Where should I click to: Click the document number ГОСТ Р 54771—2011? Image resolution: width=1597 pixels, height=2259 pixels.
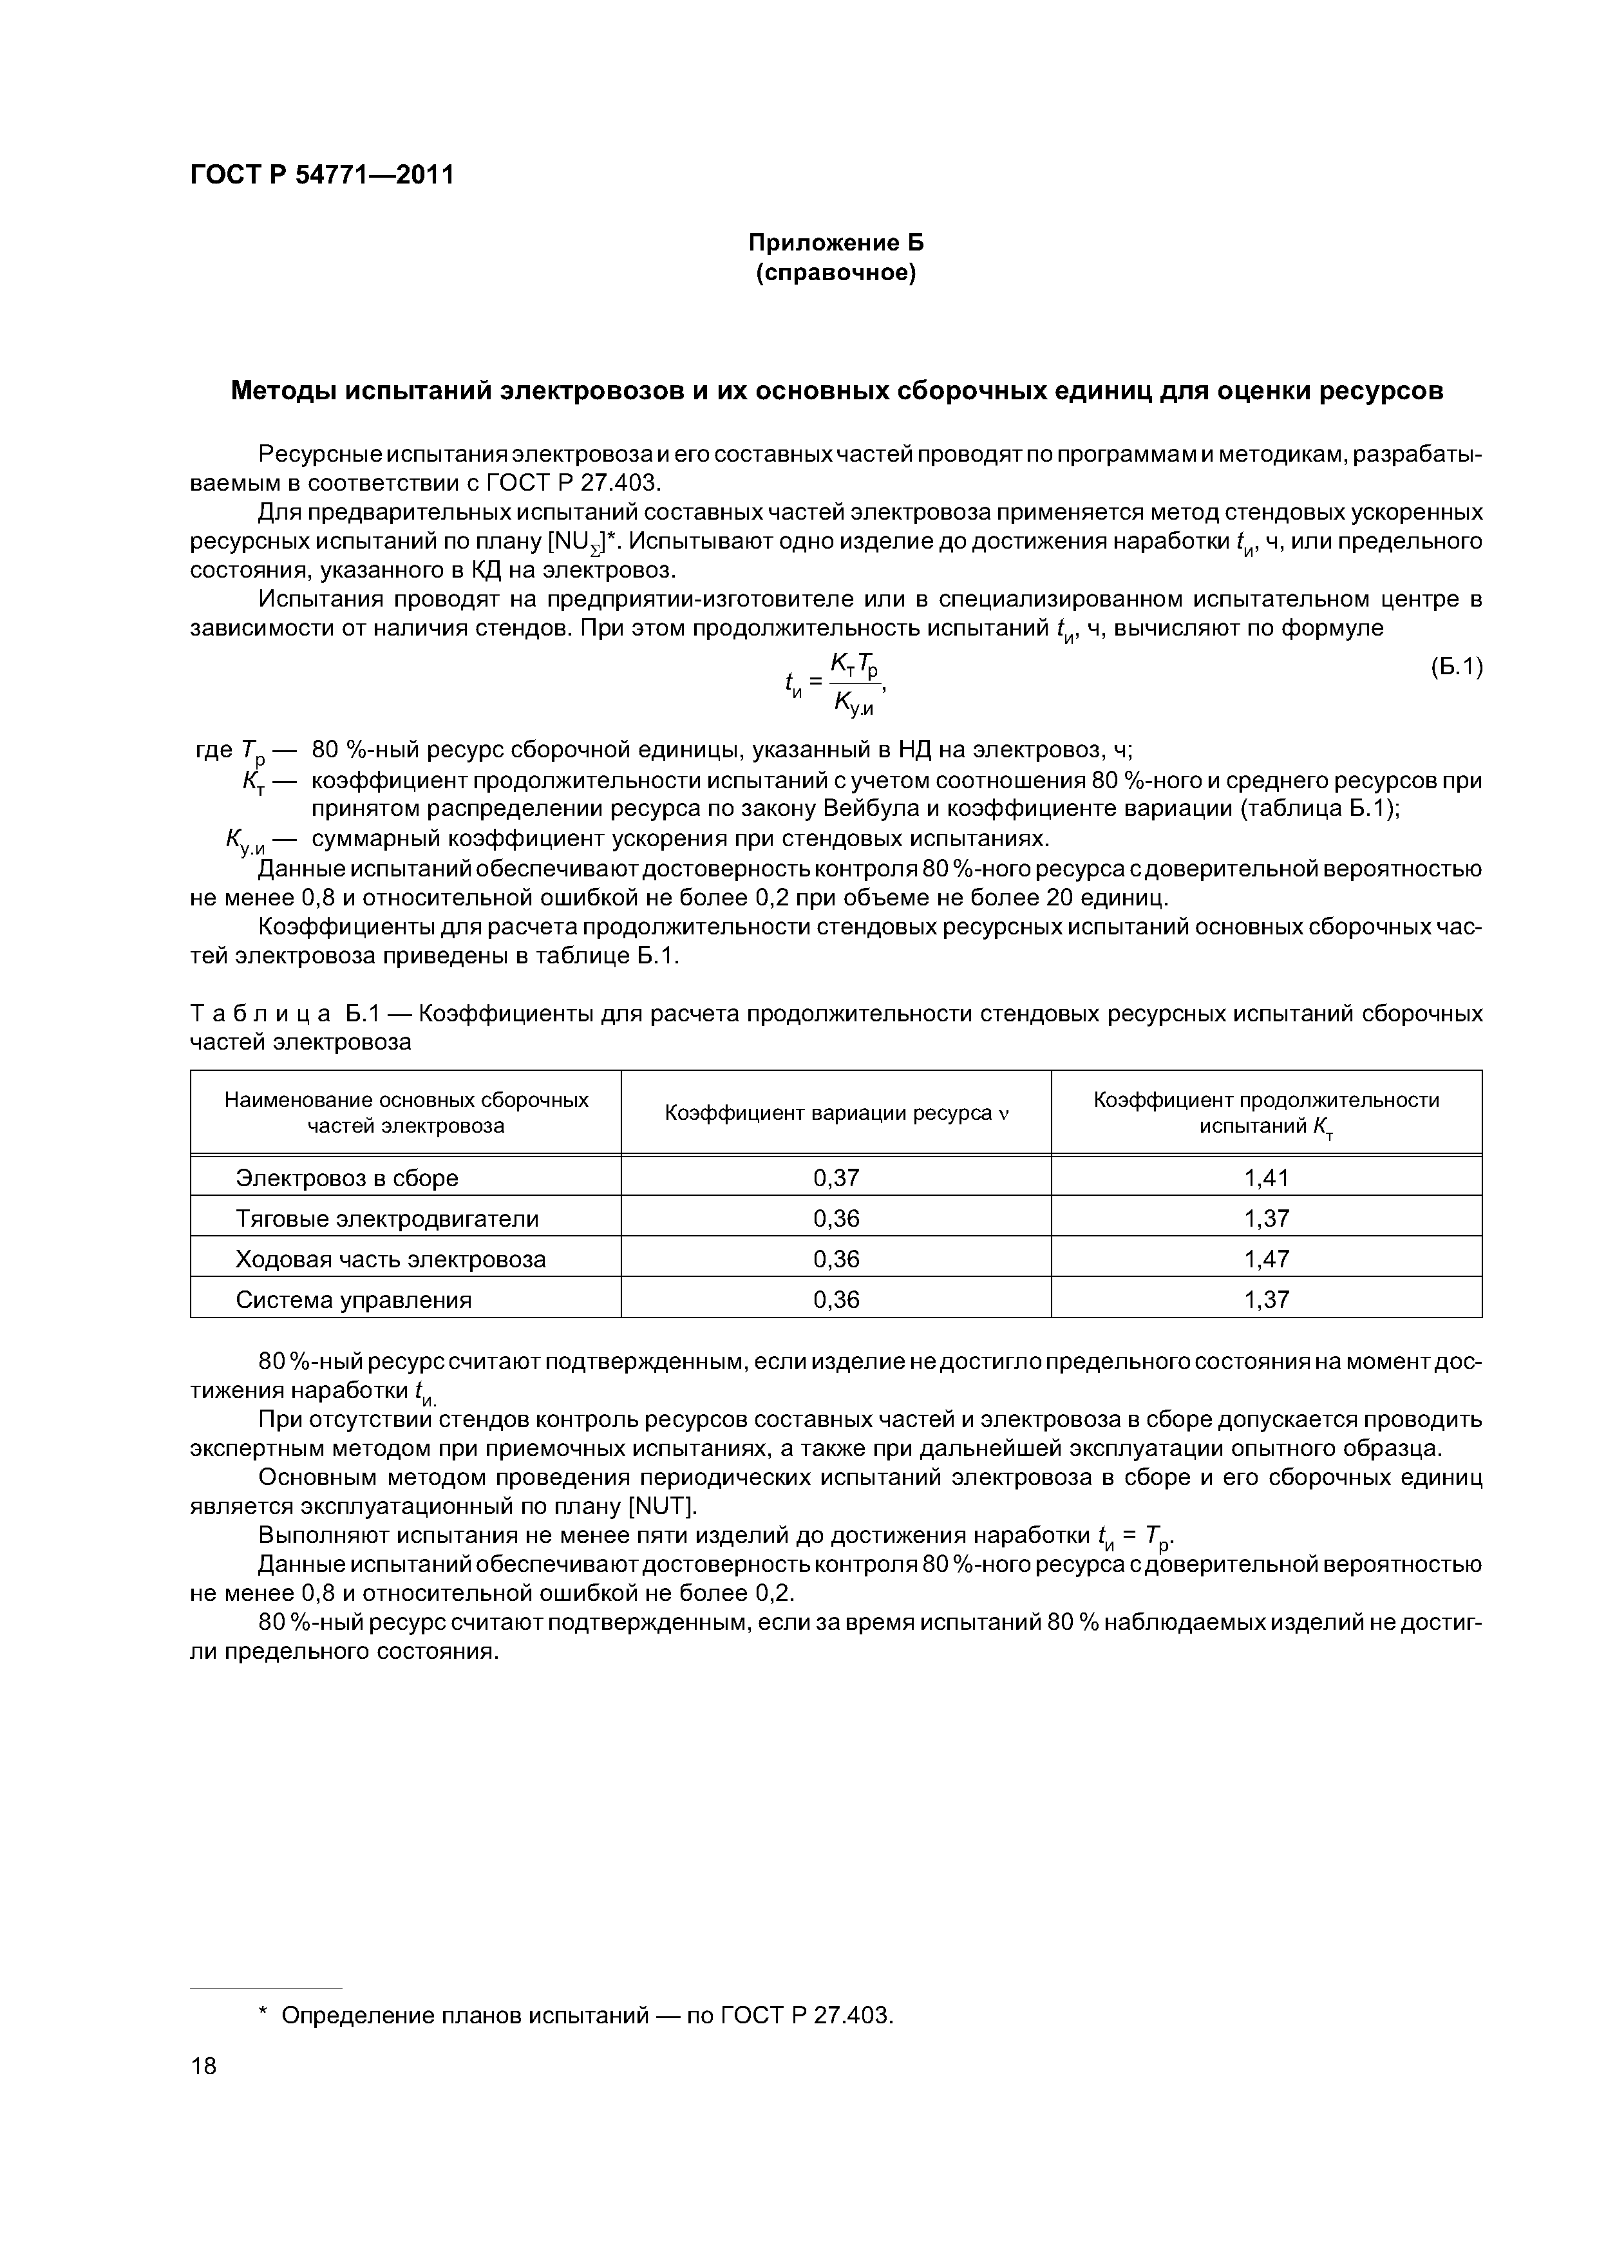(x=322, y=175)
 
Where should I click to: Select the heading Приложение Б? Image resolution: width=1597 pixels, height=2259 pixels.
(x=836, y=243)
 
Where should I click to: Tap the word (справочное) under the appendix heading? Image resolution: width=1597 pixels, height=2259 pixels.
(x=836, y=272)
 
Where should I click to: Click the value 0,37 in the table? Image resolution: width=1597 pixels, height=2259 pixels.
(x=836, y=1178)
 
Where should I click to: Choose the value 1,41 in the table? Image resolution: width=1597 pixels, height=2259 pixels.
(x=1267, y=1178)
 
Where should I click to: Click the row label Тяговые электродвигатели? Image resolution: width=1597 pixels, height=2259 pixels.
(x=388, y=1219)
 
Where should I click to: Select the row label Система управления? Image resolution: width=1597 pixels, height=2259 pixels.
(x=354, y=1300)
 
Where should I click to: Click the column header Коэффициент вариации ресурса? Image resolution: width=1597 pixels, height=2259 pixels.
(x=836, y=1113)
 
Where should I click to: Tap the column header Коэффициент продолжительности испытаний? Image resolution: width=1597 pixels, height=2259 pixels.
(x=1267, y=1113)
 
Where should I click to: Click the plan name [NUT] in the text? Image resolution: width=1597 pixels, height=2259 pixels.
(x=661, y=1506)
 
